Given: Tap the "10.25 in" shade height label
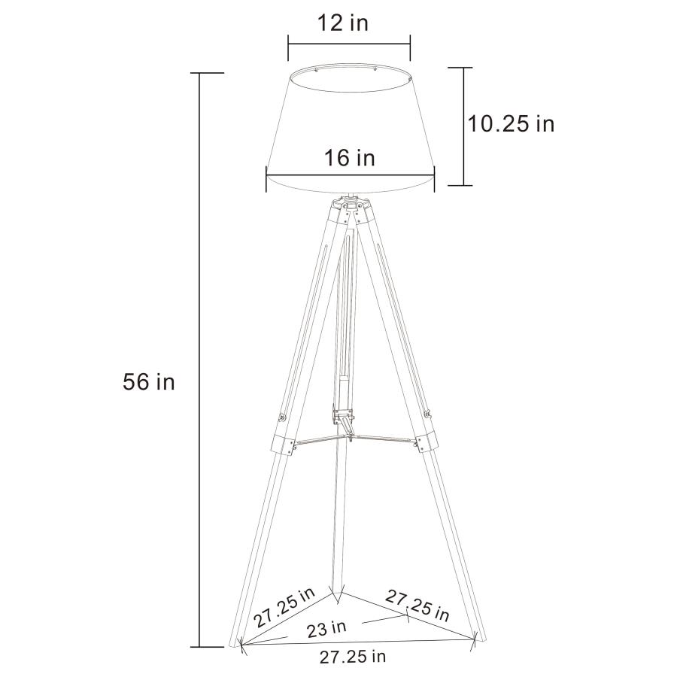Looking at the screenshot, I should (x=511, y=123).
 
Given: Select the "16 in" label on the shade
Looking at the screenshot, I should (x=350, y=158).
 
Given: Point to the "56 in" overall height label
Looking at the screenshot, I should (x=148, y=382).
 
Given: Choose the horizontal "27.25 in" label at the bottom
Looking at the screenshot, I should (x=353, y=657).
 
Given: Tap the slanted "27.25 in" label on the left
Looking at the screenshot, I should (x=284, y=609).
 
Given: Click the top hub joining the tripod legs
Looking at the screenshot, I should (x=351, y=205).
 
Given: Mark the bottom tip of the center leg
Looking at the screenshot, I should (x=338, y=600).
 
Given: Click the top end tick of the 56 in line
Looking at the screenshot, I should (x=199, y=73).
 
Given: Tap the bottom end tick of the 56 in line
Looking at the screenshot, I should (x=199, y=646).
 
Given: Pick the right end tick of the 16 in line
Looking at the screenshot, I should (x=435, y=179).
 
